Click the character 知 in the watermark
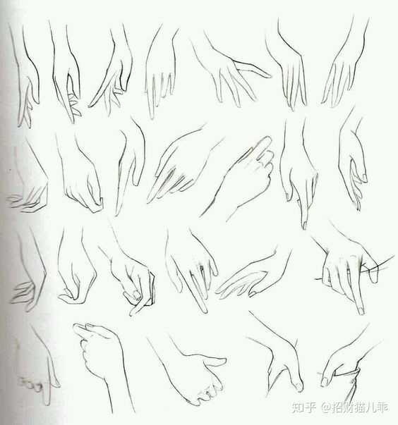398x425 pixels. point(298,407)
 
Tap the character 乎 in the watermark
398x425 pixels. point(310,407)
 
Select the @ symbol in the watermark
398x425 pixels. point(325,407)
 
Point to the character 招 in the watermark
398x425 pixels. point(337,407)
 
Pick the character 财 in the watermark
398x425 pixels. point(349,407)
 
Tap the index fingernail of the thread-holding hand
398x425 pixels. point(361,310)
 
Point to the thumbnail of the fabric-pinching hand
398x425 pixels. point(324,382)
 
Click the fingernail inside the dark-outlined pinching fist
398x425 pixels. point(136,293)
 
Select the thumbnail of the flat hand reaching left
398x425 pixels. point(253,293)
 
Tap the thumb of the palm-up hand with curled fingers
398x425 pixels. point(215,361)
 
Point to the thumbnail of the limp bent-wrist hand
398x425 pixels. point(364,178)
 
